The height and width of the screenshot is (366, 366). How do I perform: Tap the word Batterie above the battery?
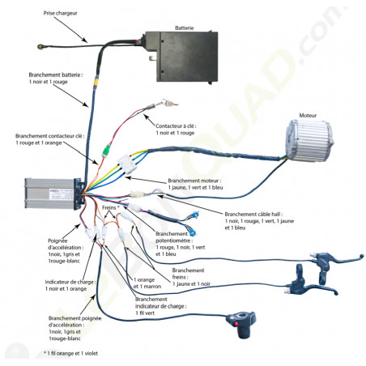(185, 28)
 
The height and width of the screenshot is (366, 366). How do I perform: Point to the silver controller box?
(50, 197)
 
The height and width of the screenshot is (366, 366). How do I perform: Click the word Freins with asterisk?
(112, 208)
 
